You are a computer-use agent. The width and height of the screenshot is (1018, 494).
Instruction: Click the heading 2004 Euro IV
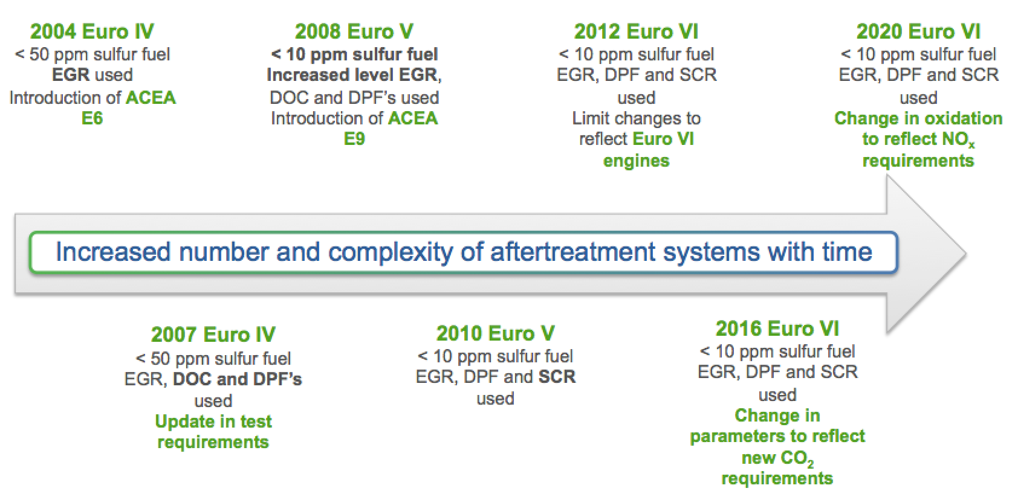click(x=92, y=32)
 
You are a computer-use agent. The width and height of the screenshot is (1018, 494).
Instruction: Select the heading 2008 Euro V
click(x=354, y=32)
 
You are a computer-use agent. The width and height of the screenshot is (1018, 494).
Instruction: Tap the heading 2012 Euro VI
click(x=636, y=32)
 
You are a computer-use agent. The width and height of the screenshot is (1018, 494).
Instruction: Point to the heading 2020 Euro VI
click(x=918, y=32)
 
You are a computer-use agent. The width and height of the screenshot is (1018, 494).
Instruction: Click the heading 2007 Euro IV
click(x=213, y=335)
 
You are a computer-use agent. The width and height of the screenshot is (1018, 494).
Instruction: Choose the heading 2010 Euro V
click(x=495, y=333)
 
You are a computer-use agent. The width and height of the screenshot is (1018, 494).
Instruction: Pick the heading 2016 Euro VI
click(x=777, y=329)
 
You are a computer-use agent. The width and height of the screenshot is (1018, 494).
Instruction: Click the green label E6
click(x=92, y=118)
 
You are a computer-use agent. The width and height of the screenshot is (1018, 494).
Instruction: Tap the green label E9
click(x=354, y=138)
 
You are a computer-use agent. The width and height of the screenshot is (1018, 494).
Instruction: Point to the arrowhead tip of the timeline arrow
click(x=966, y=254)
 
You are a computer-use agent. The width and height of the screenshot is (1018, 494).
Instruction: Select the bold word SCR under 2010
click(x=557, y=377)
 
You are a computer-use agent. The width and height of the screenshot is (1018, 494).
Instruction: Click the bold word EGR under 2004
click(x=71, y=75)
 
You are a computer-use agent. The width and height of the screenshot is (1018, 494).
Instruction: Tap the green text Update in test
click(x=213, y=422)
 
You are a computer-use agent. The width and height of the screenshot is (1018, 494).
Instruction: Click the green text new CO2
click(x=777, y=458)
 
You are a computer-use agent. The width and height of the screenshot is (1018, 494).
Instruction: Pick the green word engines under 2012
click(x=636, y=161)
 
